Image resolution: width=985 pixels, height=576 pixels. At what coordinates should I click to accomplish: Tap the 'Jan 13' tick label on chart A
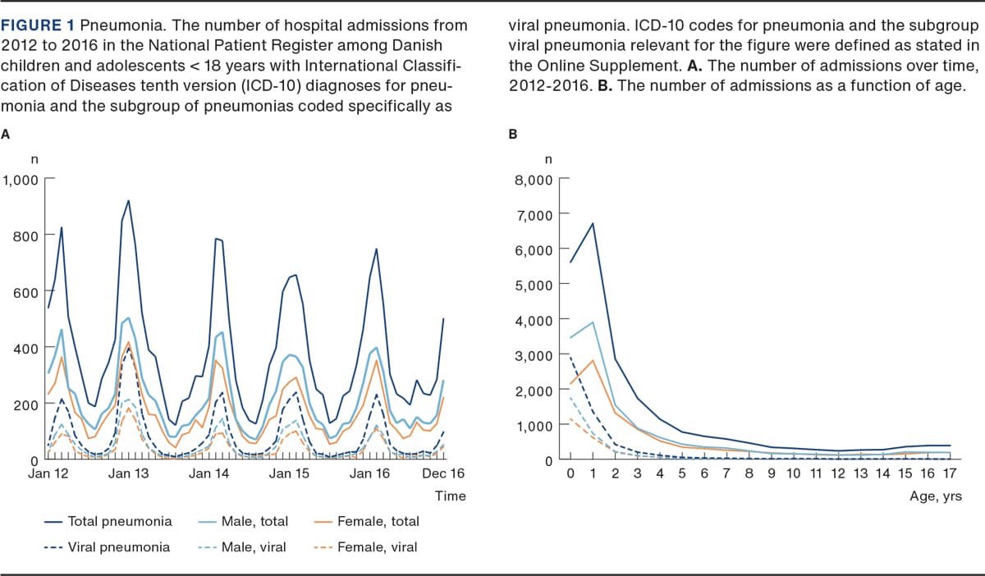pos(129,473)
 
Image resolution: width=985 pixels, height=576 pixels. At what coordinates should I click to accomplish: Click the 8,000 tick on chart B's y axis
pos(533,180)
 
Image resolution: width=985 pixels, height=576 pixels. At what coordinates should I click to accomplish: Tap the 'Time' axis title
pos(451,496)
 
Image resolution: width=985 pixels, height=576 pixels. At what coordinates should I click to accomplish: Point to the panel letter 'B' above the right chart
pos(513,134)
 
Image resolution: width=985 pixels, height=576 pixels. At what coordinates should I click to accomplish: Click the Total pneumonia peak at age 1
pos(592,223)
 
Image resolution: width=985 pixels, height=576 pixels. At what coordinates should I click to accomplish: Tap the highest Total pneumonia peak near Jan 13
pos(129,200)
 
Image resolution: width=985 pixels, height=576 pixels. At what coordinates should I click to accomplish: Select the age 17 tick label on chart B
pos(949,474)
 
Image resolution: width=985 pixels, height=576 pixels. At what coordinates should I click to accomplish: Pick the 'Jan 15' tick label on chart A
pos(290,473)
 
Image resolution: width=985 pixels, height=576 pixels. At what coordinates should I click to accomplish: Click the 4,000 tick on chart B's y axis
pos(533,319)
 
